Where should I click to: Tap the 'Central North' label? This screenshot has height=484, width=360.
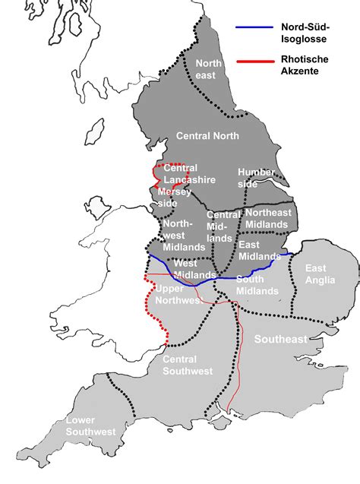[x=207, y=136]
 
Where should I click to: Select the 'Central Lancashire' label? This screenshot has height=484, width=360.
[x=189, y=174]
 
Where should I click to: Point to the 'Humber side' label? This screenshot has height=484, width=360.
[x=256, y=178]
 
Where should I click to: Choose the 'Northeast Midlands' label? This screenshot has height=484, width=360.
[x=267, y=218]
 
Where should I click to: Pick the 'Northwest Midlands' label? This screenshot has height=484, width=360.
[x=183, y=236]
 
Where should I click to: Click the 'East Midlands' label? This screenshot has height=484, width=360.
[x=259, y=251]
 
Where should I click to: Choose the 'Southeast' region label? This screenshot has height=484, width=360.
[x=280, y=337]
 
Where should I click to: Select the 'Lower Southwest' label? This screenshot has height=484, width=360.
[x=90, y=426]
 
